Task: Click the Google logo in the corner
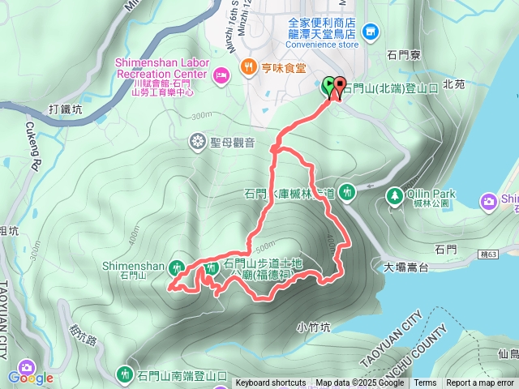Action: [x=30, y=377]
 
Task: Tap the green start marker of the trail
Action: [x=328, y=85]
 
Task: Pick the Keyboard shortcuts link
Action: [x=271, y=383]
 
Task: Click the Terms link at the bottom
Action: [x=425, y=383]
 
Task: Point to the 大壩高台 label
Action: [x=406, y=266]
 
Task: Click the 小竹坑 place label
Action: [x=313, y=327]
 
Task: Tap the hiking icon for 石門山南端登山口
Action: [x=126, y=374]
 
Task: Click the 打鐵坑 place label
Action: [x=65, y=109]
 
